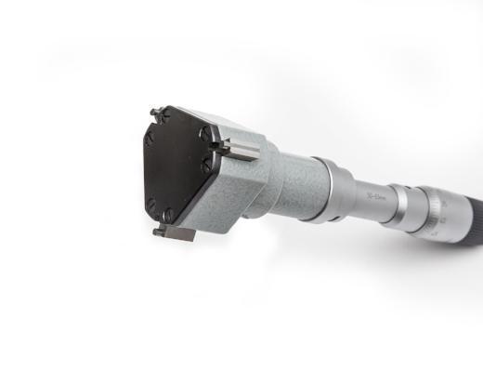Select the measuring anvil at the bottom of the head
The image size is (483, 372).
click(177, 232)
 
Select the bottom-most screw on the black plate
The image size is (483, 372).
click(167, 217)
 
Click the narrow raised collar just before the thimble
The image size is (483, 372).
click(399, 205)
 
